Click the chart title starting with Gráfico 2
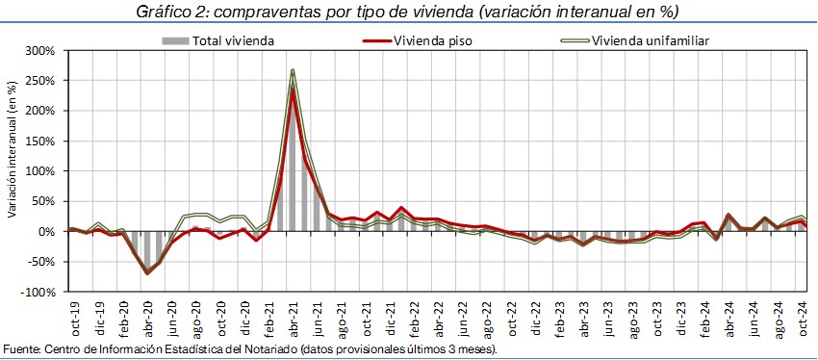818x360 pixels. (x=407, y=12)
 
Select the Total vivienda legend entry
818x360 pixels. (x=218, y=40)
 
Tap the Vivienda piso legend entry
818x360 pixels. (x=418, y=40)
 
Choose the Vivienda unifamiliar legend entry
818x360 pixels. (x=634, y=40)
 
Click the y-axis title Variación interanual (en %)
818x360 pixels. (x=12, y=150)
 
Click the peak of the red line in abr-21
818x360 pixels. (x=294, y=89)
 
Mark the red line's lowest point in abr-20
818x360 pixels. (x=147, y=273)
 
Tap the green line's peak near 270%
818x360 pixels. (x=293, y=70)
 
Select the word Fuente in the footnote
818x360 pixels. (x=17, y=349)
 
